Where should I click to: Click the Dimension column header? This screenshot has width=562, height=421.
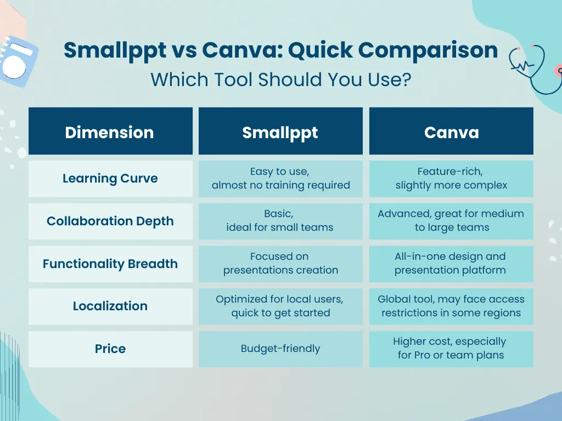coord(110,131)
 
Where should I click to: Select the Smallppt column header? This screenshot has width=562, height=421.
coord(280,131)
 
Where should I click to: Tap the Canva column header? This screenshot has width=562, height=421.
coord(451,131)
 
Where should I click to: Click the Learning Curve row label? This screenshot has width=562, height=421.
coord(110,179)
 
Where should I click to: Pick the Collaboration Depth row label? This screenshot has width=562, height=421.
coord(110,221)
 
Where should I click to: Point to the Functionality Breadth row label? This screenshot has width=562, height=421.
coord(110,264)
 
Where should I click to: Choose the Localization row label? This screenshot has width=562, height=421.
coord(110,306)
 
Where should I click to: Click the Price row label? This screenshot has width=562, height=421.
coord(110,349)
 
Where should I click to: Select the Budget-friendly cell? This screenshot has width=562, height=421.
coord(280,349)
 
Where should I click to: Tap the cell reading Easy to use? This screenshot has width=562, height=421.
coord(280,179)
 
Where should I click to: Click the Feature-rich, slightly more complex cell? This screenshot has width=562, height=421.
coord(451,179)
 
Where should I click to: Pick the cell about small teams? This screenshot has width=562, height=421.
coord(280,221)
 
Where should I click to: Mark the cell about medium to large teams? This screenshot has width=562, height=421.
coord(451,221)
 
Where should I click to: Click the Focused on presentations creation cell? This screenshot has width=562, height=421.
coord(280,264)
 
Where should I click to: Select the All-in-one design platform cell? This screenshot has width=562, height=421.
coord(451,264)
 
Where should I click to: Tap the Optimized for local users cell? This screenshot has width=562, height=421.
coord(280,306)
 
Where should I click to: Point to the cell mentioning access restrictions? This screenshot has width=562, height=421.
coord(451,306)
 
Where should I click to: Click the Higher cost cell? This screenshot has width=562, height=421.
coord(451,349)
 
